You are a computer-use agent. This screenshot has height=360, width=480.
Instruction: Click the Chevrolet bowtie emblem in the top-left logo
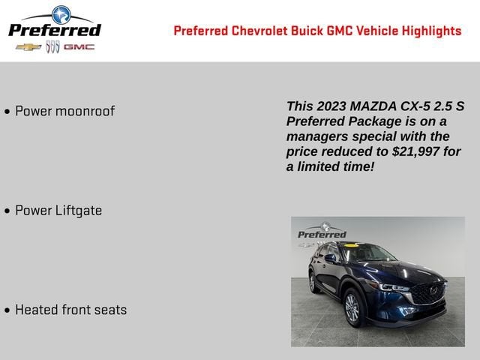click(x=28, y=46)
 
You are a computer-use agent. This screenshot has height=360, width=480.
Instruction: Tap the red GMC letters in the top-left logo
click(x=79, y=46)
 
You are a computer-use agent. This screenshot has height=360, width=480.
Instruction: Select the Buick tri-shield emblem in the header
click(x=52, y=46)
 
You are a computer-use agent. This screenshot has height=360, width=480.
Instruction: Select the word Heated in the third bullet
click(x=37, y=310)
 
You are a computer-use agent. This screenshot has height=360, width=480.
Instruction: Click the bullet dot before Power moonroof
click(x=7, y=112)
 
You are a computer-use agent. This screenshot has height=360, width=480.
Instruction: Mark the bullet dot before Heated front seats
click(x=7, y=310)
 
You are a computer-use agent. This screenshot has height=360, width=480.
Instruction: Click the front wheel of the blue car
click(x=352, y=307)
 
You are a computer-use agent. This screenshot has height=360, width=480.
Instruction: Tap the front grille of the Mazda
click(x=429, y=292)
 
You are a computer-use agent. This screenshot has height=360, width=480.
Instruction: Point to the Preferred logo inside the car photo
click(x=322, y=232)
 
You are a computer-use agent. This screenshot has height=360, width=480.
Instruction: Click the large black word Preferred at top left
click(x=54, y=29)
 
